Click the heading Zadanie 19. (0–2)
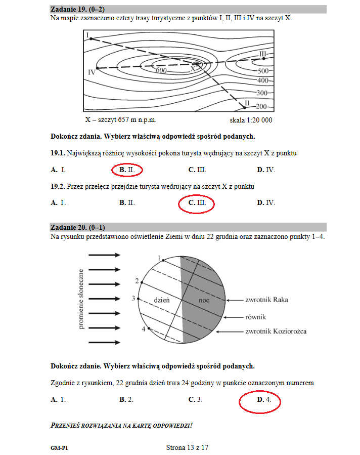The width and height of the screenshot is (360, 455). [x=78, y=9]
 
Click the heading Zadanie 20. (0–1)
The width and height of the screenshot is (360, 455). [x=78, y=227]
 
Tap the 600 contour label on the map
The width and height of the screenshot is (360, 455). [x=161, y=71]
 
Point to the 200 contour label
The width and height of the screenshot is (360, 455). [x=261, y=106]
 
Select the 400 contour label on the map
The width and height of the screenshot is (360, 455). [x=262, y=81]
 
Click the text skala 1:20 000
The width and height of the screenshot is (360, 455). [x=251, y=120]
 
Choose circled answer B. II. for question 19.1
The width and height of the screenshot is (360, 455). [x=127, y=170]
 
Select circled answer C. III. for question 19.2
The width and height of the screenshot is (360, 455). [x=197, y=203]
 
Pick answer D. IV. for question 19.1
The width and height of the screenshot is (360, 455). [x=266, y=170]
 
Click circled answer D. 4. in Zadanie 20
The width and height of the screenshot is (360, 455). [x=260, y=400]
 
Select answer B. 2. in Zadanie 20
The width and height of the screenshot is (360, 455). [x=126, y=400]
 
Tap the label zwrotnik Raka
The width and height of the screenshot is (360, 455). [x=266, y=300]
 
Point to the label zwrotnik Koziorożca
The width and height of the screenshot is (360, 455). [x=276, y=332]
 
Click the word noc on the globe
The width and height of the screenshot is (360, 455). [x=204, y=300]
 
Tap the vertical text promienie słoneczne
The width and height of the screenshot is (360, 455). [x=81, y=299]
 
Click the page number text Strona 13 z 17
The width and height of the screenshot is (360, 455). [x=187, y=447]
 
